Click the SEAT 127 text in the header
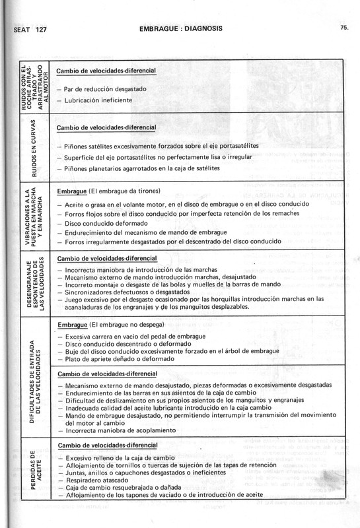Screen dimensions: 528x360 [x=24, y=30]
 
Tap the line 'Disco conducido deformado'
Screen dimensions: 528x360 [x=106, y=223]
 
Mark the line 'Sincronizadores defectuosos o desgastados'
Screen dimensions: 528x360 [x=131, y=290]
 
